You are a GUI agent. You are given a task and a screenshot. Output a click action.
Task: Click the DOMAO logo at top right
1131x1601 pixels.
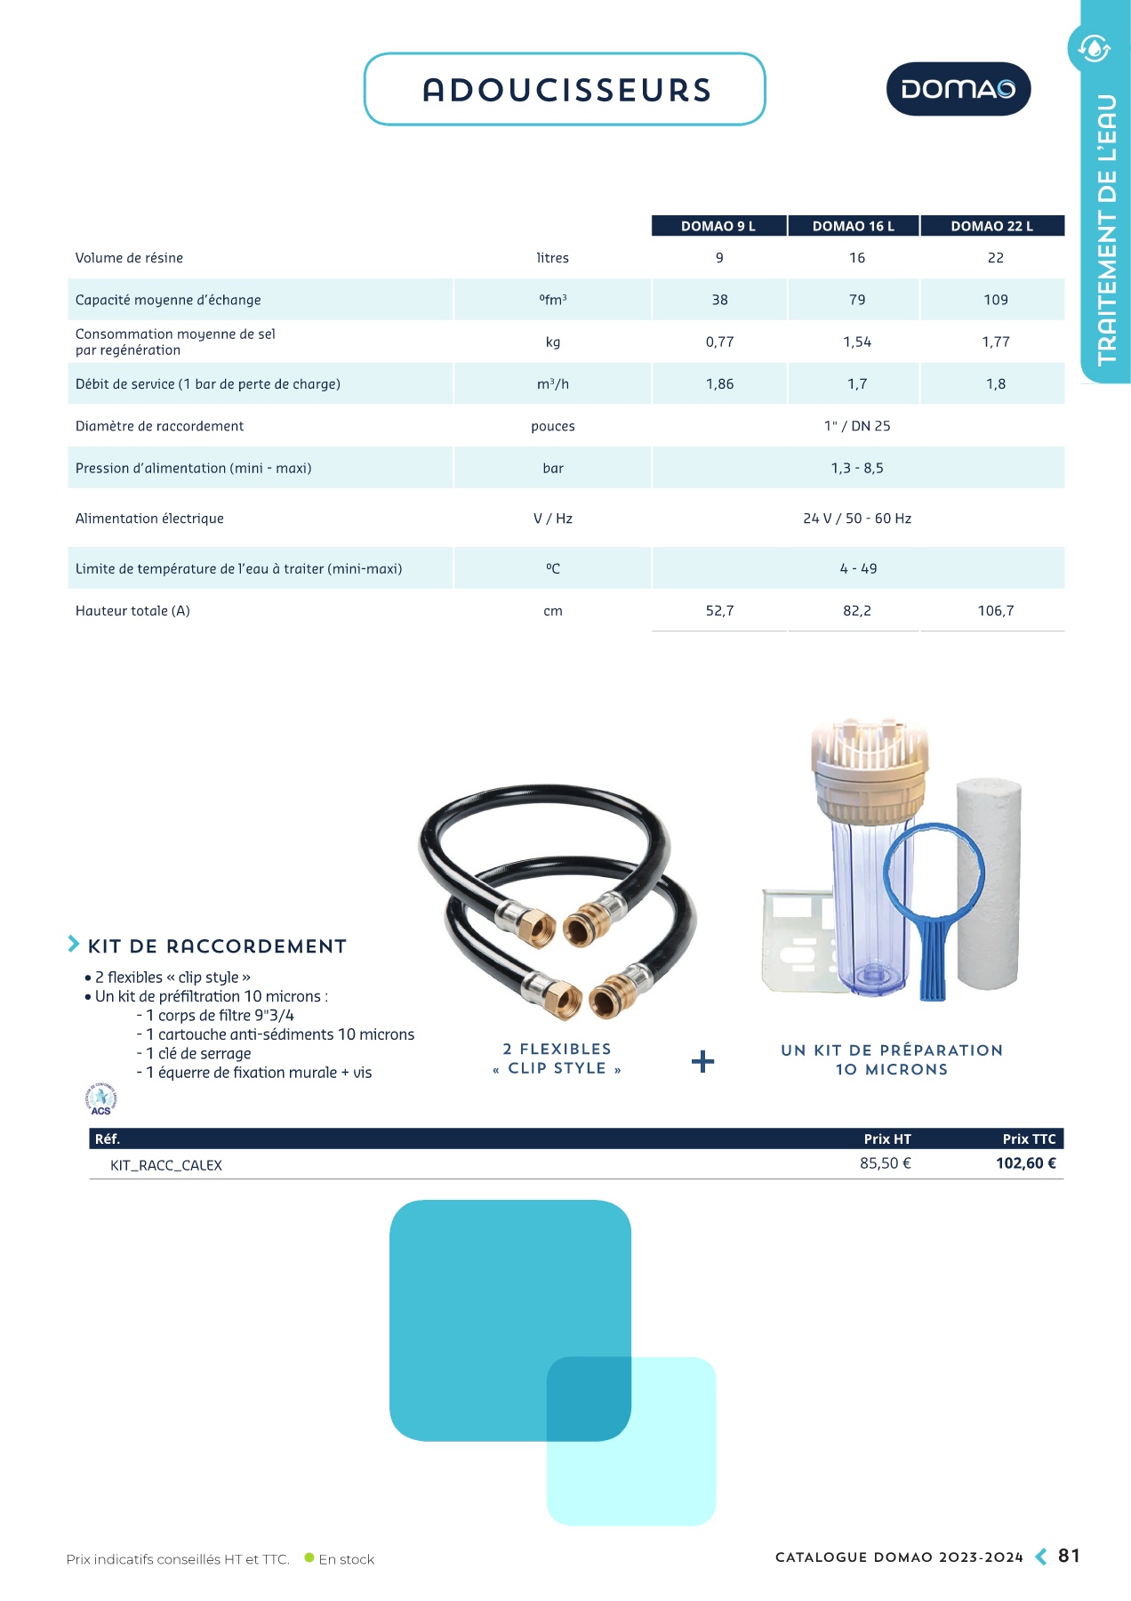click(958, 89)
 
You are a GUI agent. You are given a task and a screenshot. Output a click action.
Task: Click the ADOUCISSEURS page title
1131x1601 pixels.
click(566, 90)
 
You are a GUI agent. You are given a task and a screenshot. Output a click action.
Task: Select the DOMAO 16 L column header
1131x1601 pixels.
click(853, 226)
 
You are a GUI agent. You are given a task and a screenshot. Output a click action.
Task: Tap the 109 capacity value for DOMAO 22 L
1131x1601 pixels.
click(995, 300)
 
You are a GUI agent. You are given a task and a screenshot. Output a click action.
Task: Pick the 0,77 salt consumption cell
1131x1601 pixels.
click(719, 342)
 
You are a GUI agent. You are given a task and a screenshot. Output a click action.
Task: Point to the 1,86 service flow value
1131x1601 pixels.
click(719, 384)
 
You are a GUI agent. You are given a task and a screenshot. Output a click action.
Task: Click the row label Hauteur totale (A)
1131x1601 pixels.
click(132, 611)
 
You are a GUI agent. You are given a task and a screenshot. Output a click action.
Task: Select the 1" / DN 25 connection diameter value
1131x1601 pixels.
click(856, 426)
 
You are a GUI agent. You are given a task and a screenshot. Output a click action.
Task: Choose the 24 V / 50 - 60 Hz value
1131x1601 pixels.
click(856, 519)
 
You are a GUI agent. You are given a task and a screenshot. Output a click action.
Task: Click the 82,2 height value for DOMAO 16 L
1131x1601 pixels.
click(856, 611)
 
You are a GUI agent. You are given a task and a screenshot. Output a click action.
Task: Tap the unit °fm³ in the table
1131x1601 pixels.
click(552, 300)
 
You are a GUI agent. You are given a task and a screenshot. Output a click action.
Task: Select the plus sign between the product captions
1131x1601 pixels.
click(702, 1061)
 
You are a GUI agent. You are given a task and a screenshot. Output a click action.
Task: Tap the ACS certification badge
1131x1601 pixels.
click(101, 1099)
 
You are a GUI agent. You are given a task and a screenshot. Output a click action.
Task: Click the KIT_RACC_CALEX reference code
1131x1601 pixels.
click(166, 1165)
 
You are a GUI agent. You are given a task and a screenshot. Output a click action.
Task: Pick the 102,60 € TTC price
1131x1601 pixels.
click(1025, 1163)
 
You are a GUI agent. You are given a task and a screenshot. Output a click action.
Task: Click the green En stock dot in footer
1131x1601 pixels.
click(309, 1558)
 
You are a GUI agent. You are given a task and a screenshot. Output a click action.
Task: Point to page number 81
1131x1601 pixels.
click(1069, 1556)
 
